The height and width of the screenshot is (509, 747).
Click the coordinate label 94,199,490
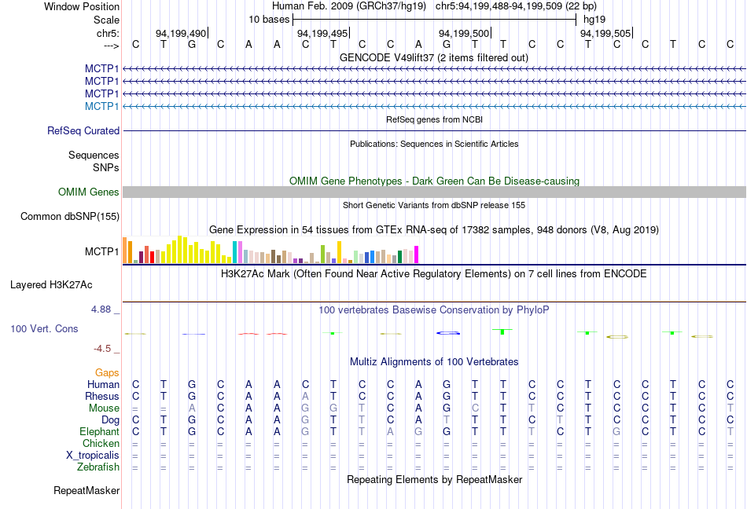(181, 33)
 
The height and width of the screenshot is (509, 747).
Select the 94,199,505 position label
(605, 33)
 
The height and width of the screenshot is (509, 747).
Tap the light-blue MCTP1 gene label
(101, 106)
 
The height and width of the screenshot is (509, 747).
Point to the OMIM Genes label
(88, 192)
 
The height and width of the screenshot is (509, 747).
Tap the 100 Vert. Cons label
(44, 328)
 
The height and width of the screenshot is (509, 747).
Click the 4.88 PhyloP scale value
(101, 309)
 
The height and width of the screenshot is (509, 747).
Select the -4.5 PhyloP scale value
(102, 349)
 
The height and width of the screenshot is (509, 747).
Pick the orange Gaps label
(107, 372)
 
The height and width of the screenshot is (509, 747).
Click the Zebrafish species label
(99, 467)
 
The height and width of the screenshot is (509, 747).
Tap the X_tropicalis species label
(93, 456)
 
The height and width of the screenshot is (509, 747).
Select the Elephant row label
(99, 432)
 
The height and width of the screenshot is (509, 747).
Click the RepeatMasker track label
(86, 491)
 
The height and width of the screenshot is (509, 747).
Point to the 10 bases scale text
(269, 19)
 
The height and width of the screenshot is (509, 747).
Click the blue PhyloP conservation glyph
(447, 333)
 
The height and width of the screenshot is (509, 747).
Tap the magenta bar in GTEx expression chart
(416, 255)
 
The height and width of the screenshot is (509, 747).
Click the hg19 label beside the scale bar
(594, 19)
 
